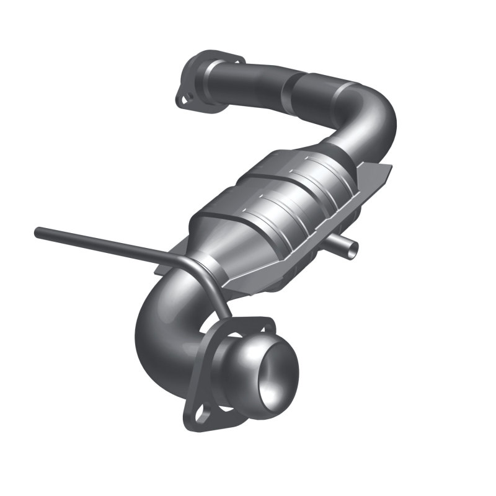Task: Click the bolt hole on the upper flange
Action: (184, 98)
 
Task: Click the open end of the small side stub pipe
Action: (352, 248)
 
